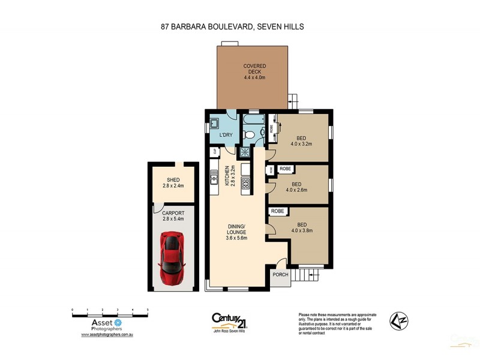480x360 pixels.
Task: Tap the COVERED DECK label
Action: pos(254,71)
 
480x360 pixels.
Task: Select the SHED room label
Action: pos(173,182)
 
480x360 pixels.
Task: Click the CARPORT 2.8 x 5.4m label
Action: pos(173,215)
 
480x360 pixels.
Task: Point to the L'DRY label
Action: pos(226,135)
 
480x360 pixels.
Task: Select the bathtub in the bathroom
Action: pos(248,127)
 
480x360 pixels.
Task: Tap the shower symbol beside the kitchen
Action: pos(245,152)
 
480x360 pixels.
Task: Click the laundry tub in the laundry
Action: pos(214,125)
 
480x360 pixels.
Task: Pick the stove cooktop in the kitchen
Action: pos(245,184)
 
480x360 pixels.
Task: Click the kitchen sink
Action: pos(213,178)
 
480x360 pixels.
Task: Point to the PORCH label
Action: pos(280,275)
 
